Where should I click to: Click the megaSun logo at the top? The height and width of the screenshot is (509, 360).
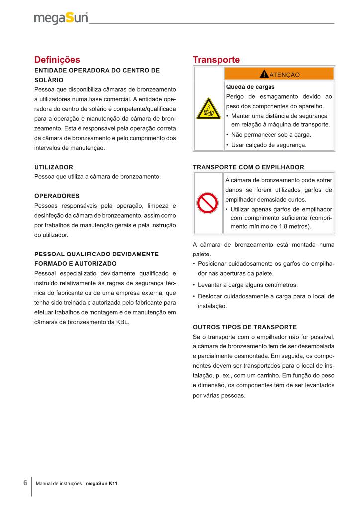61,18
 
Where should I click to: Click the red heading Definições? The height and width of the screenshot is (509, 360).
57,60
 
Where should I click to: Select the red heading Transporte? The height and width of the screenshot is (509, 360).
216,60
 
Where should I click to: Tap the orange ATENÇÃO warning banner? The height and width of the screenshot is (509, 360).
278,74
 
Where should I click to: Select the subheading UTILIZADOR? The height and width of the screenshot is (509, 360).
54,167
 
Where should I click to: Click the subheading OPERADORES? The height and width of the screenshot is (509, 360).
57,195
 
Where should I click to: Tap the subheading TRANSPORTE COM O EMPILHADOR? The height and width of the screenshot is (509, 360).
248,167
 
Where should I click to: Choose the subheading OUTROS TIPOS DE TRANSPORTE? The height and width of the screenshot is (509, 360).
244,327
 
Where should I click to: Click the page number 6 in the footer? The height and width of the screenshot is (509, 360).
25,483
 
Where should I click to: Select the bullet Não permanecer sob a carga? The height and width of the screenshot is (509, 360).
268,135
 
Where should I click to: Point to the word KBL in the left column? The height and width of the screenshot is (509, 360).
121,322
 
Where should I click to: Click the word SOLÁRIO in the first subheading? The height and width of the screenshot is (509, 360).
49,80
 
